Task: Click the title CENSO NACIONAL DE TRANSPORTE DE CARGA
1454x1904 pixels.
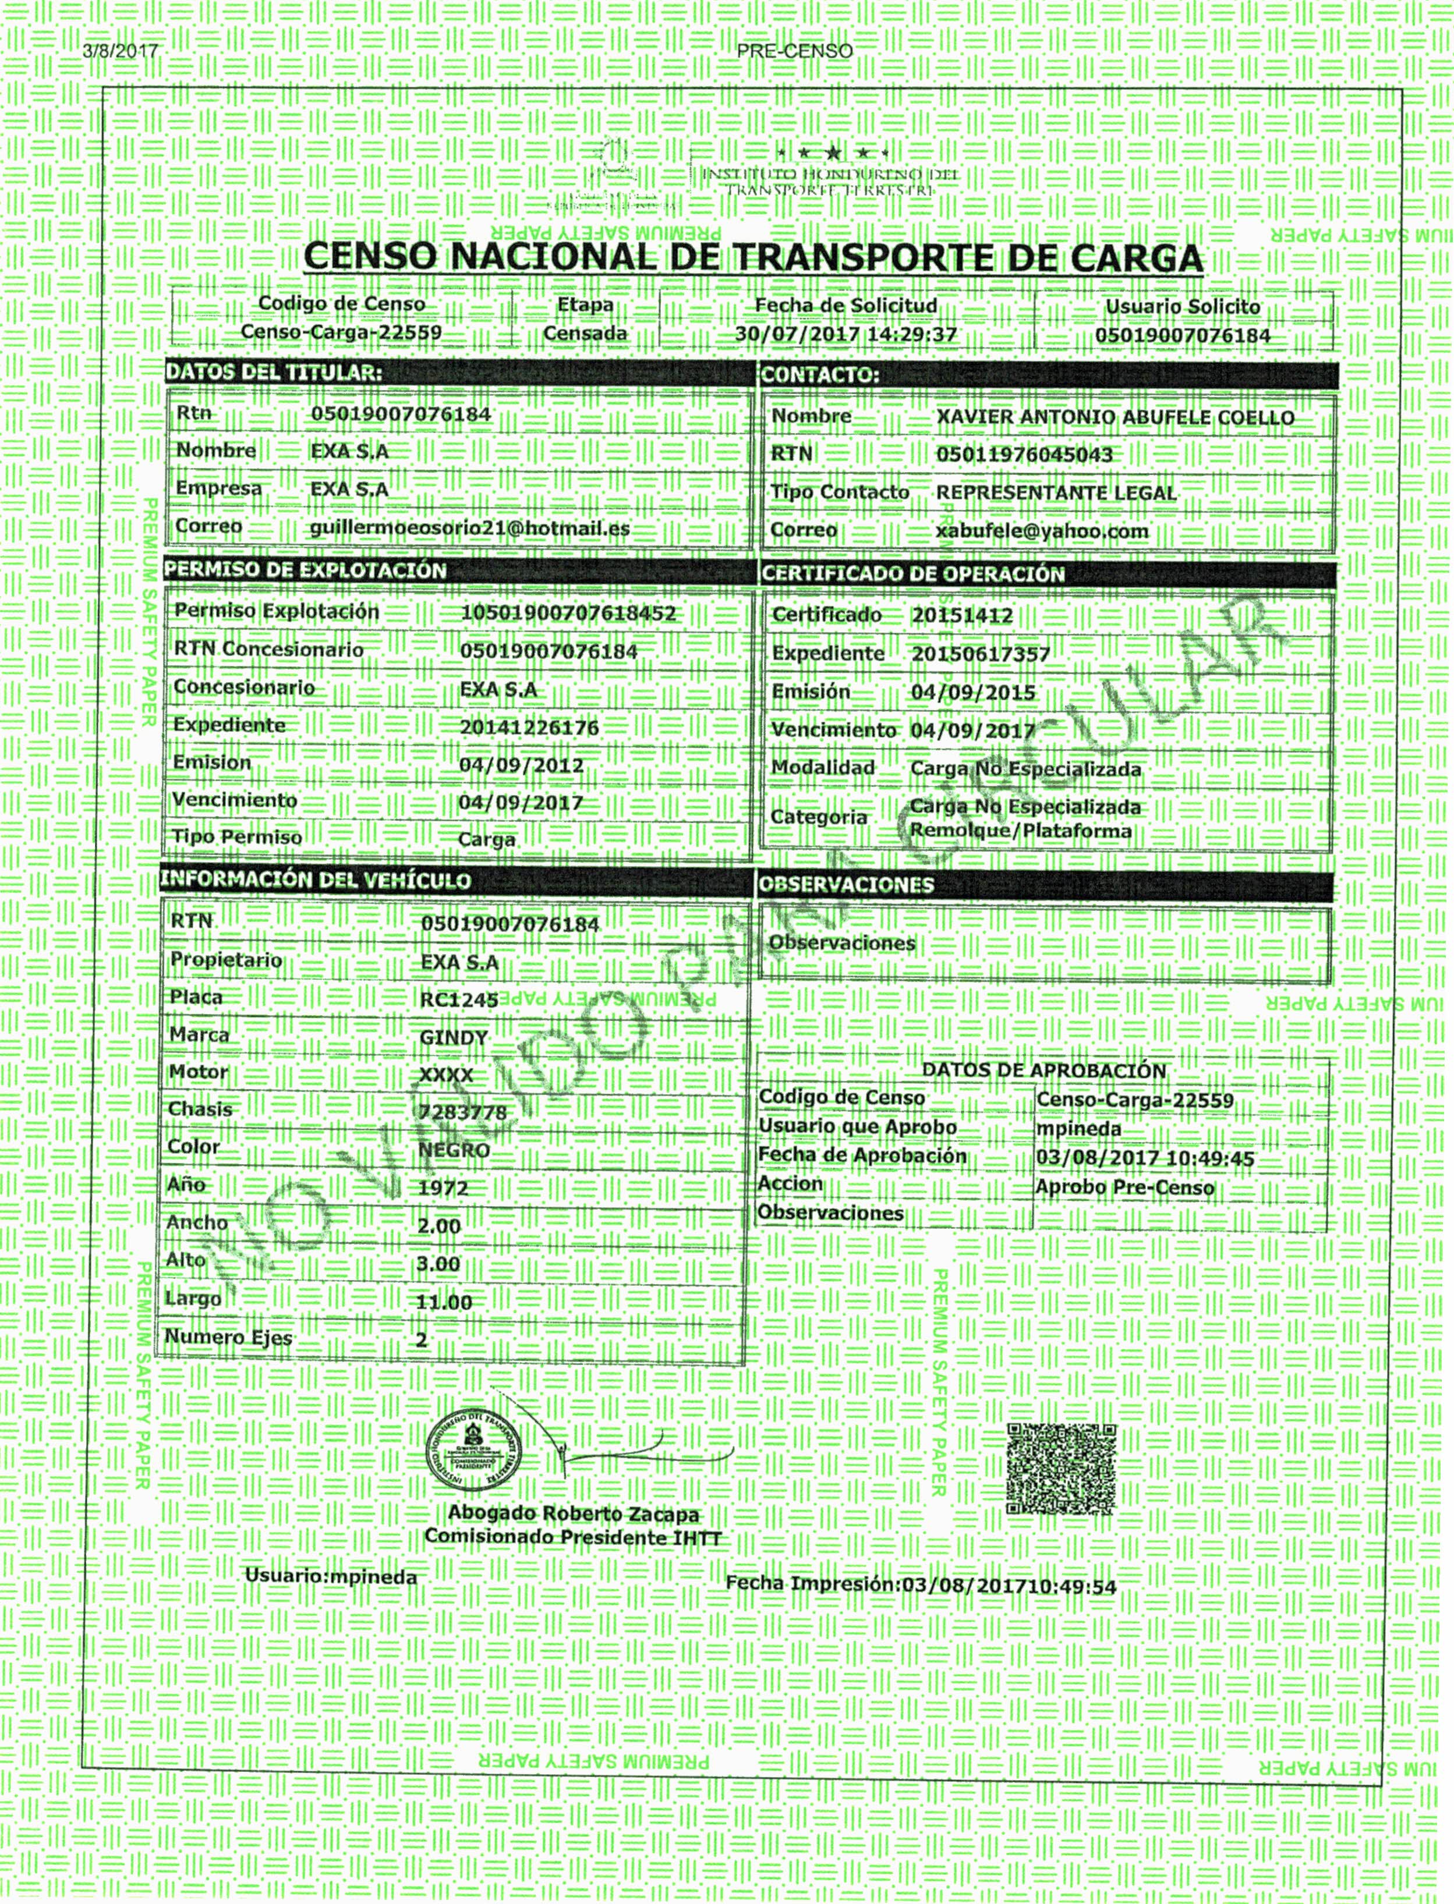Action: pos(753,258)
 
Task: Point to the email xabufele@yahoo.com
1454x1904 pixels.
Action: pos(1042,531)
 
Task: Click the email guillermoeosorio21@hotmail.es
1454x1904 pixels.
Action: pos(470,528)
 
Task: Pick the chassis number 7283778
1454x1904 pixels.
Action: pos(463,1112)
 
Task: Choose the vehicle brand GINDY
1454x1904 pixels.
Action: pos(454,1037)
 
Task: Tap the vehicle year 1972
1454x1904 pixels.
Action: pos(443,1187)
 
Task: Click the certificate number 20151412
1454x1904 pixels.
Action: pos(961,616)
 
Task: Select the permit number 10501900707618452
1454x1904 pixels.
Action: pos(568,614)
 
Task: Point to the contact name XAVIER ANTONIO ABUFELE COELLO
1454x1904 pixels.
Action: pos(1115,418)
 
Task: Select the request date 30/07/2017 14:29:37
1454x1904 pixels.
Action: pos(845,334)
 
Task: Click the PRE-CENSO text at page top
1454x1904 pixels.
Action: pos(794,51)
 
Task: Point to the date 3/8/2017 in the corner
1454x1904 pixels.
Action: pos(121,50)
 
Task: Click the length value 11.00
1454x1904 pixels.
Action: pos(444,1302)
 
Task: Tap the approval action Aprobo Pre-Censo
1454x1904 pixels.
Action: pos(1124,1187)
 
